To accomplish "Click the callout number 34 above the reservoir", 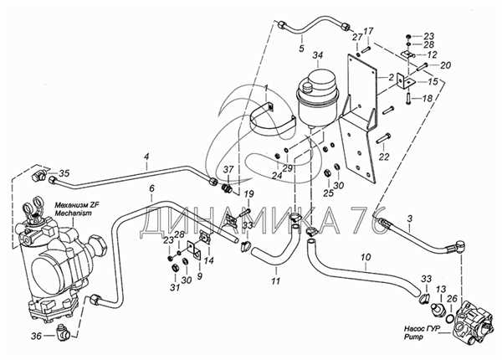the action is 318,55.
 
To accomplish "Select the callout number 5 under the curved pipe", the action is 301,49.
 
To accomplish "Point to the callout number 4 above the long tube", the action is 146,157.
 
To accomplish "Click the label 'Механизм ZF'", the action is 77,204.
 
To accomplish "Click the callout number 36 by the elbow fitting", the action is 36,336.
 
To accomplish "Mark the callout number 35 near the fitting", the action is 64,173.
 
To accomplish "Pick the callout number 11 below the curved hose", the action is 275,281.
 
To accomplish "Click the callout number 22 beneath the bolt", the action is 384,157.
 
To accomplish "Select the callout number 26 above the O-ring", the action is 452,299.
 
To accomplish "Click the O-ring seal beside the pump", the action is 449,319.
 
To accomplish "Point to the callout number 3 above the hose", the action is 410,219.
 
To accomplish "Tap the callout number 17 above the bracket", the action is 369,31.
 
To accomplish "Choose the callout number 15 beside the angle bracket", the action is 433,81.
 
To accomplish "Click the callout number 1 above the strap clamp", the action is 266,87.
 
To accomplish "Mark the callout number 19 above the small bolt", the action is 249,193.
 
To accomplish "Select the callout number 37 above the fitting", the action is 228,169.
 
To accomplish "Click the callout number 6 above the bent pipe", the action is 151,188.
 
